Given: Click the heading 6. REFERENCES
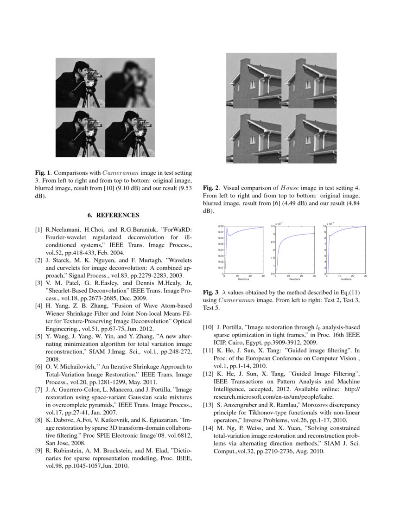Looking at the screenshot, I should coord(114,215).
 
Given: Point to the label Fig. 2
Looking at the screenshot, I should coord(210,188).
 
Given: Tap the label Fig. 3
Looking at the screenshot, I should coord(210,293).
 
